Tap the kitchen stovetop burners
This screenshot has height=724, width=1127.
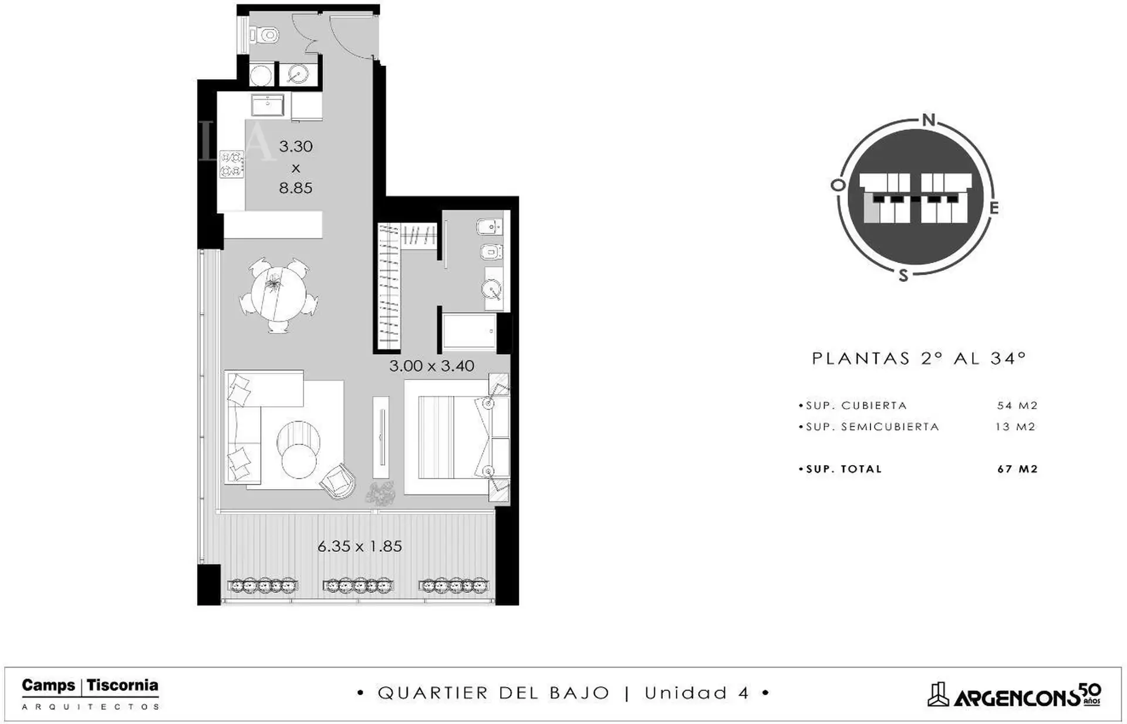[x=231, y=164]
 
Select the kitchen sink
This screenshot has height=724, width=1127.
[x=268, y=105]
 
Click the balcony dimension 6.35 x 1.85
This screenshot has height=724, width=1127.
[x=360, y=546]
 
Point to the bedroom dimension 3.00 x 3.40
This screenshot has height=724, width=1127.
[x=431, y=366]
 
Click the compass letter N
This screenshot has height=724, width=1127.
[x=929, y=120]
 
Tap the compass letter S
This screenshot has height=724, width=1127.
[x=903, y=275]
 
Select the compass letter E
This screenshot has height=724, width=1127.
[x=994, y=208]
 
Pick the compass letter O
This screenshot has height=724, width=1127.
[x=838, y=186]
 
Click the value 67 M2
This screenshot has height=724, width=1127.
[x=1017, y=469]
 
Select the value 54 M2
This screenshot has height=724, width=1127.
[x=1017, y=406]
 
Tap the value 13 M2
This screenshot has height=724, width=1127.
[x=1016, y=427]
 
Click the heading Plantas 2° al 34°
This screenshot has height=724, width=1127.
[x=919, y=358]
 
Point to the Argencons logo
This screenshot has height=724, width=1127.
[x=1014, y=695]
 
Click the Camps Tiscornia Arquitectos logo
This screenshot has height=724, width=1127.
[x=90, y=693]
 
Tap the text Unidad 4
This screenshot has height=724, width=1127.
[x=697, y=693]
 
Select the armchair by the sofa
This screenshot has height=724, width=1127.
[x=339, y=480]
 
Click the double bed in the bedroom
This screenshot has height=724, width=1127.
[x=450, y=437]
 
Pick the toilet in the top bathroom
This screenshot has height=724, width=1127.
[x=264, y=36]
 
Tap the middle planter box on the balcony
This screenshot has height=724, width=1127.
[x=358, y=585]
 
